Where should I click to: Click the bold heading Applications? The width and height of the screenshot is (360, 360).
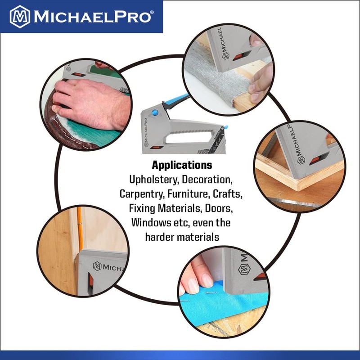click(182, 165)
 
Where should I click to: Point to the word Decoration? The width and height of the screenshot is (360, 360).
click(208, 180)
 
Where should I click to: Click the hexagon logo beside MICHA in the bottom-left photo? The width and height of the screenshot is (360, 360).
click(96, 266)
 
